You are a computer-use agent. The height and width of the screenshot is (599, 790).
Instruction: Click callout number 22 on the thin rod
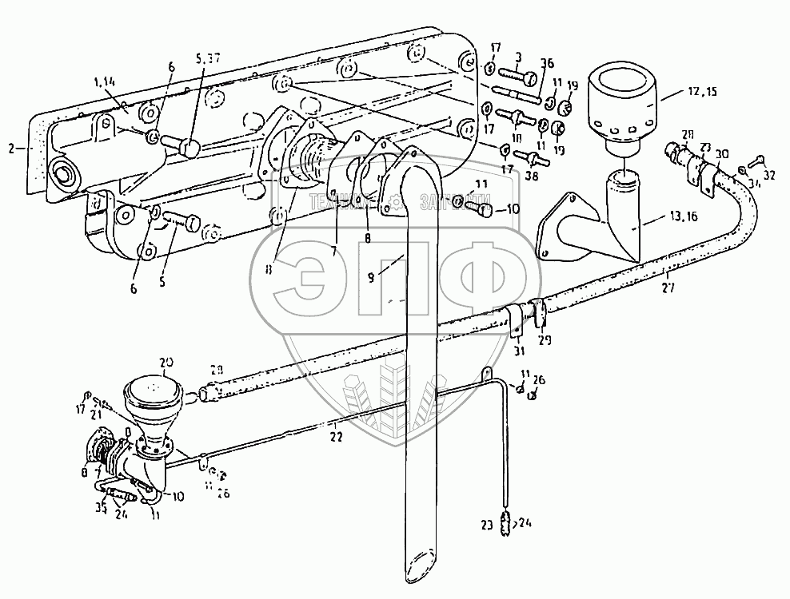337,437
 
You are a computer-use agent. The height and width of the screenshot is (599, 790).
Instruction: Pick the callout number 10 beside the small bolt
512,209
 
